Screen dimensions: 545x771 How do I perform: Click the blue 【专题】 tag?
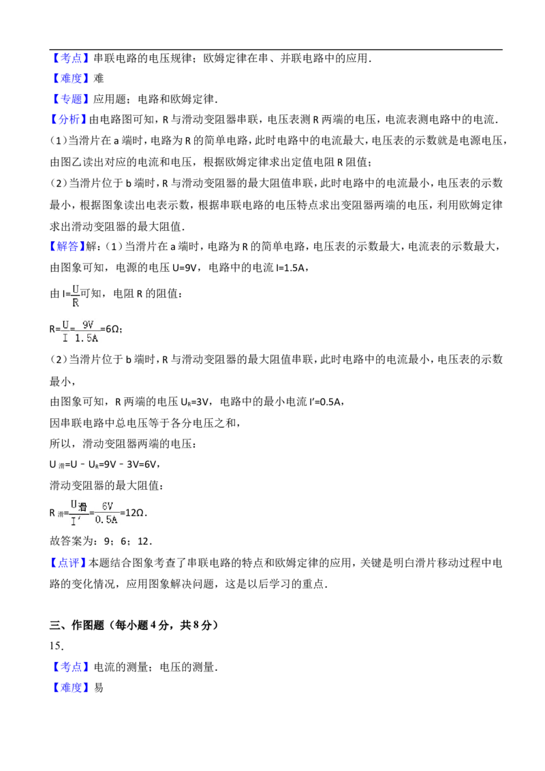[71, 99]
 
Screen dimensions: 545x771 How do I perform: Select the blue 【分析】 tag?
[69, 119]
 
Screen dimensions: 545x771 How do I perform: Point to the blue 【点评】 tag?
[69, 563]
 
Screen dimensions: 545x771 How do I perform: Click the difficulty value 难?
[98, 78]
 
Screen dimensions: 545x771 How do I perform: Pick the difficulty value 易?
[98, 687]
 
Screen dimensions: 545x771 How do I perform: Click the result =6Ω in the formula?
[111, 329]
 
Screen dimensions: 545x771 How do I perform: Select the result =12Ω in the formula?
[134, 513]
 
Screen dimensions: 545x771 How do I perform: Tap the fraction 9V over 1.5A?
[87, 331]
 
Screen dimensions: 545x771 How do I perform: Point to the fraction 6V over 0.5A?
[107, 513]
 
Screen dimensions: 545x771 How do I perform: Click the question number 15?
[57, 646]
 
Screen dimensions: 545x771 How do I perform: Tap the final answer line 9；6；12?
[128, 541]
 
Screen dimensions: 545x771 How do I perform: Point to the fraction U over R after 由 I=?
[75, 296]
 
